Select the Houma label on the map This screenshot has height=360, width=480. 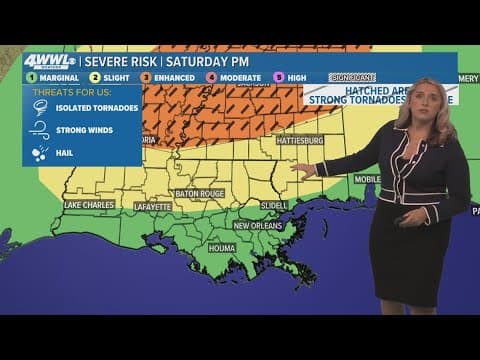[221, 246]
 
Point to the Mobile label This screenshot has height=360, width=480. [367, 179]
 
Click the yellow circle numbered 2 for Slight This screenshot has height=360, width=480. [94, 76]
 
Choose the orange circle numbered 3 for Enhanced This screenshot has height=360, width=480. [145, 76]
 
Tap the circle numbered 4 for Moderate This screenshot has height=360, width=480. [211, 76]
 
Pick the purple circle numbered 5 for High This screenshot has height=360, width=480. [279, 76]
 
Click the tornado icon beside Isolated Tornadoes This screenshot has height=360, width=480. [40, 110]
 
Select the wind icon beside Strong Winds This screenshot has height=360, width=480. [40, 131]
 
